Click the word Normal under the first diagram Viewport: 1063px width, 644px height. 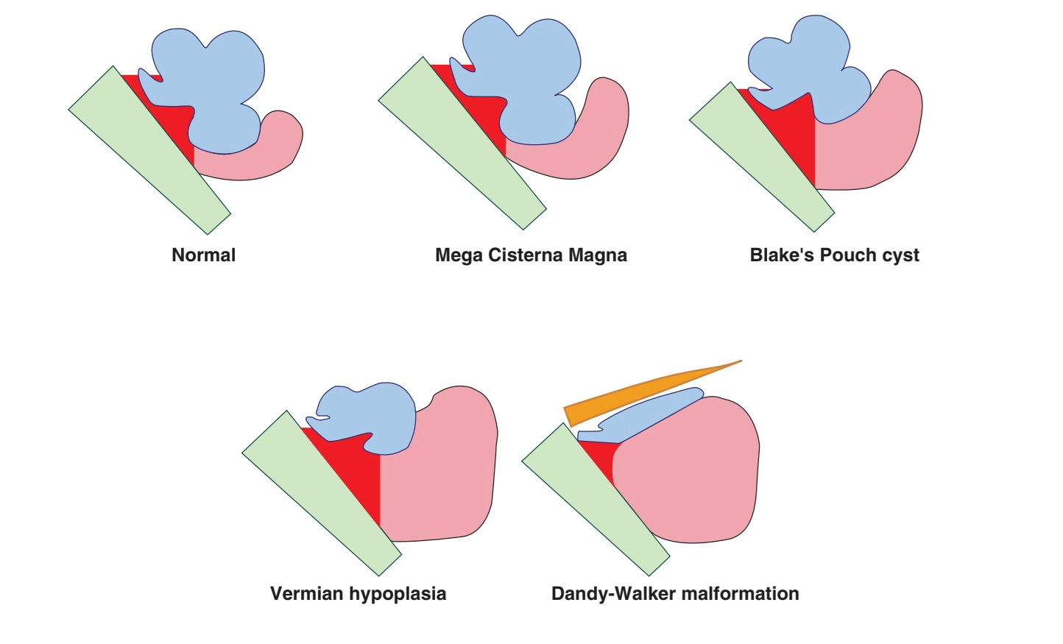point(203,255)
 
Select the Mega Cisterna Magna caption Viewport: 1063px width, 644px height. point(531,255)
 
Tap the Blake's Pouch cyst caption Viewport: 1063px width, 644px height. point(834,255)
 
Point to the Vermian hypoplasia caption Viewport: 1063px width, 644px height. point(358,594)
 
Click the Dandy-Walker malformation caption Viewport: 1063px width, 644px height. point(675,594)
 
